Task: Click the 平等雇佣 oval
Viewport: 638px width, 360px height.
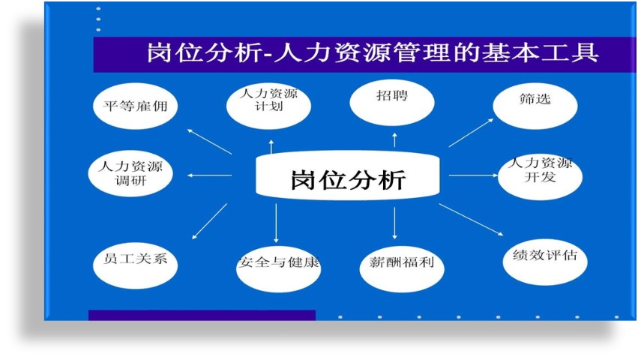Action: (135, 106)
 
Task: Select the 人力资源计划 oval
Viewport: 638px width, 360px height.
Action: (268, 106)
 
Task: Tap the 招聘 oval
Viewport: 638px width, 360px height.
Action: (392, 103)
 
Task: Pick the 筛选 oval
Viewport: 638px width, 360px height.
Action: (535, 106)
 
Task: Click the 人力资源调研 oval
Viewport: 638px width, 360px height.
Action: (130, 173)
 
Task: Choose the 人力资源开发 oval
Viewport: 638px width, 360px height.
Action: (540, 177)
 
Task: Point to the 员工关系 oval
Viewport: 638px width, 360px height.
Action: (135, 265)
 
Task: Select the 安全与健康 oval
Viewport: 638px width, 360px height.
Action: (278, 268)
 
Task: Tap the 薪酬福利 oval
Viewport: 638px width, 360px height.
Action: (402, 268)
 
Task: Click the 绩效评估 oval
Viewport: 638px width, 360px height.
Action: (545, 262)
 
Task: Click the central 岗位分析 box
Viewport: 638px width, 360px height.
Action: (347, 175)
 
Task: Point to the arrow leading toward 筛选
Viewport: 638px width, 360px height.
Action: (471, 133)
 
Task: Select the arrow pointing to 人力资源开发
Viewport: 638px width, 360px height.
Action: (473, 175)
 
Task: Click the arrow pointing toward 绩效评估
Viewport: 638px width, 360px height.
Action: (471, 220)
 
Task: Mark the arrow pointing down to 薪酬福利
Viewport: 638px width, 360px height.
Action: (394, 223)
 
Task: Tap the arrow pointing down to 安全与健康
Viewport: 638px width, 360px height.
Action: (277, 223)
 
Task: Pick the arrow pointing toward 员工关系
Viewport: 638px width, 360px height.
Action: (210, 221)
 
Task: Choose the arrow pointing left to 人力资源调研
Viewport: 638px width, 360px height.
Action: (210, 175)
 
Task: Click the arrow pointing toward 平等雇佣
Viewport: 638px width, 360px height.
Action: (210, 141)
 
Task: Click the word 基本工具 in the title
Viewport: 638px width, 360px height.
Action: (540, 53)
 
